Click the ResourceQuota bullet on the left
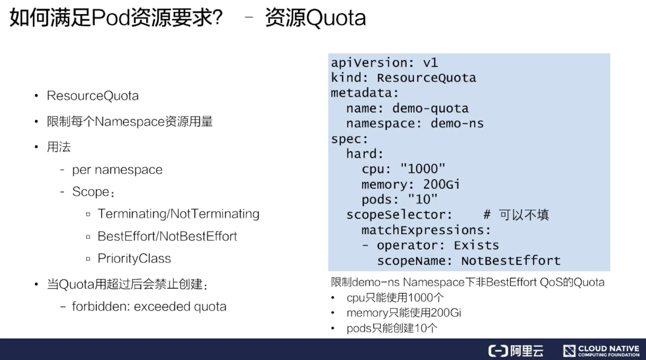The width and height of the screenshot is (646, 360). [x=93, y=96]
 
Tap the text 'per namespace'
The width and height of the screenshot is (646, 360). [x=117, y=170]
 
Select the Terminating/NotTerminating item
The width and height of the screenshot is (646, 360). [x=178, y=214]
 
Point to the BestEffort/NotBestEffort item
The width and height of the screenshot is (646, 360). [x=167, y=236]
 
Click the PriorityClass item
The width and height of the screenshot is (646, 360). [x=134, y=258]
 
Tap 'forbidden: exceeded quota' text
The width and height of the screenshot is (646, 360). [x=149, y=307]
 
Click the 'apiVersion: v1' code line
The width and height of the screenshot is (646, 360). [x=384, y=63]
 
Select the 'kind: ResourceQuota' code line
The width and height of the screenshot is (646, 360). [x=403, y=78]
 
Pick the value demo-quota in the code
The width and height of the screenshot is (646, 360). [x=430, y=108]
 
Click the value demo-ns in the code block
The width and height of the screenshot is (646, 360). [x=457, y=123]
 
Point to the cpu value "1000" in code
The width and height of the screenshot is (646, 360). [x=423, y=169]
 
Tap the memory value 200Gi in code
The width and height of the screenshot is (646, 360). [x=441, y=184]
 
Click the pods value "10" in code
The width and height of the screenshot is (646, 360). [x=423, y=199]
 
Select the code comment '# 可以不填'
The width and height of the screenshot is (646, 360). [x=516, y=215]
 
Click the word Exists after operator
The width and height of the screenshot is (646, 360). [x=476, y=245]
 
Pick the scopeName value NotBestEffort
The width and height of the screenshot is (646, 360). [x=511, y=261]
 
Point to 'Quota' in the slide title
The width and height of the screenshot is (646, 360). [x=336, y=18]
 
